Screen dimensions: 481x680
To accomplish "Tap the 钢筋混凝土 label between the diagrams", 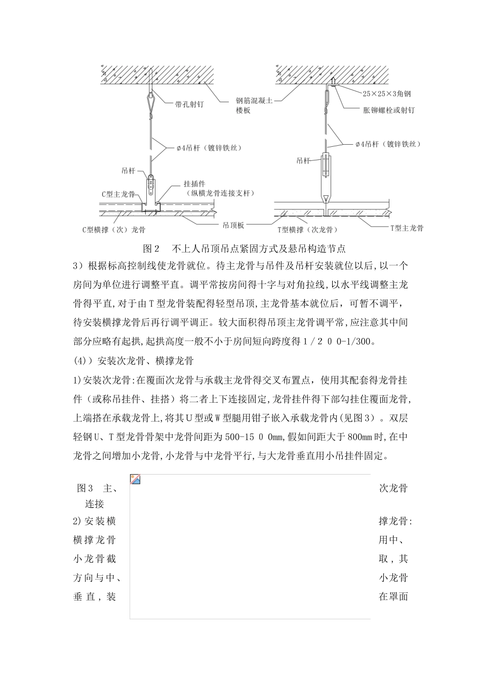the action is coord(255,101).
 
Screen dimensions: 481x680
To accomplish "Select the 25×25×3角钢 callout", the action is coord(387,94).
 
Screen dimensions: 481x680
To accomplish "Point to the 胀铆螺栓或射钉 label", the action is coord(388,110).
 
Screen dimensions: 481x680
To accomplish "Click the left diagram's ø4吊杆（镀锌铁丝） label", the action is coord(209,148).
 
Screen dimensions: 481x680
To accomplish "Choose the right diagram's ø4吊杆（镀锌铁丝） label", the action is coord(388,144).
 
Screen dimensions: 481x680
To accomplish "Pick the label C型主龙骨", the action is coord(118,194).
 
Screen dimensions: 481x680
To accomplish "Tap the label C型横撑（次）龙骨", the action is coord(114,230).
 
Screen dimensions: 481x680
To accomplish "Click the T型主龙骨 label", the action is coord(407,228).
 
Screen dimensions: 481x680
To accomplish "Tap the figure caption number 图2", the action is coord(152,248).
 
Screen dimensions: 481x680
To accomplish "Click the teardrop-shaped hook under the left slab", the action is coord(150,96).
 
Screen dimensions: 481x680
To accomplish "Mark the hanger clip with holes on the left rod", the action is coord(150,187).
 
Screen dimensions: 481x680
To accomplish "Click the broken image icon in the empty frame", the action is coord(135,479).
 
